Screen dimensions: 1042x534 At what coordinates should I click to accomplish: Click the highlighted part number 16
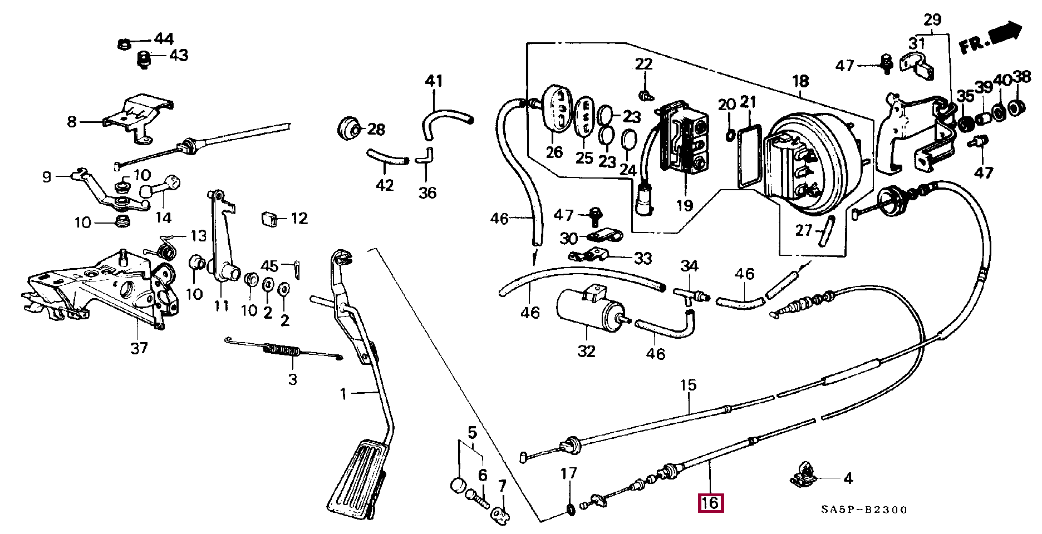(x=711, y=503)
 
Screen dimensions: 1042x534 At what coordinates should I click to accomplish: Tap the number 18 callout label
(x=800, y=81)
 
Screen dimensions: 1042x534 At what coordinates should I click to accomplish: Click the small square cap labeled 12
(x=269, y=219)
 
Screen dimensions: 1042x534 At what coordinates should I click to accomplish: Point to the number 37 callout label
(x=139, y=348)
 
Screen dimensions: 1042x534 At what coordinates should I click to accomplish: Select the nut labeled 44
(x=125, y=43)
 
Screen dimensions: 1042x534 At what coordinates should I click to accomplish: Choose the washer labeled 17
(x=570, y=508)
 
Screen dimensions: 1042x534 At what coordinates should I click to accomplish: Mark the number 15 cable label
(x=688, y=385)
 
